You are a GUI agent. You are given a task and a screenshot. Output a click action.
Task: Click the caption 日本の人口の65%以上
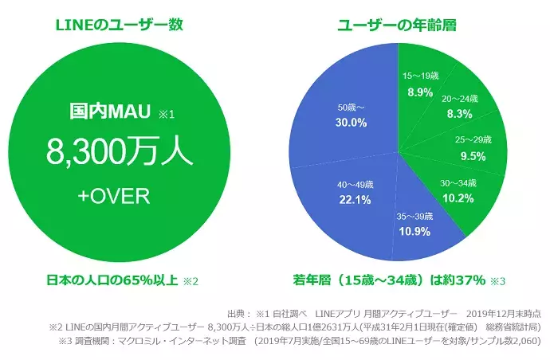tap(111, 280)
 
